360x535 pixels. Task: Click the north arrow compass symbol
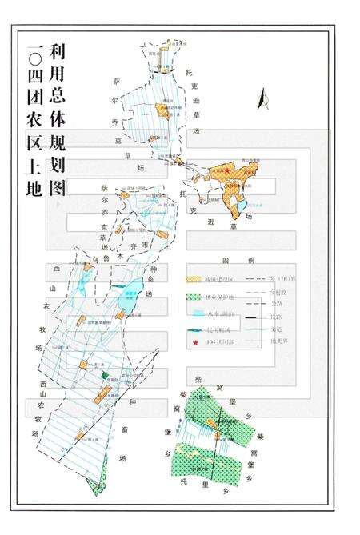coord(260,99)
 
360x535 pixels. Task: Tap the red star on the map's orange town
coord(227,170)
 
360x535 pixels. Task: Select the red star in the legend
coord(194,342)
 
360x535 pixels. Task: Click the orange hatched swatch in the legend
coord(194,278)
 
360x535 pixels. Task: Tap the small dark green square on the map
coord(105,375)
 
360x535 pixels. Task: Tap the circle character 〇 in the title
coord(34,58)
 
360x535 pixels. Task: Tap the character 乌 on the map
coord(94,258)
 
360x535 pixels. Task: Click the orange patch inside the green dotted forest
coord(212,422)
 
